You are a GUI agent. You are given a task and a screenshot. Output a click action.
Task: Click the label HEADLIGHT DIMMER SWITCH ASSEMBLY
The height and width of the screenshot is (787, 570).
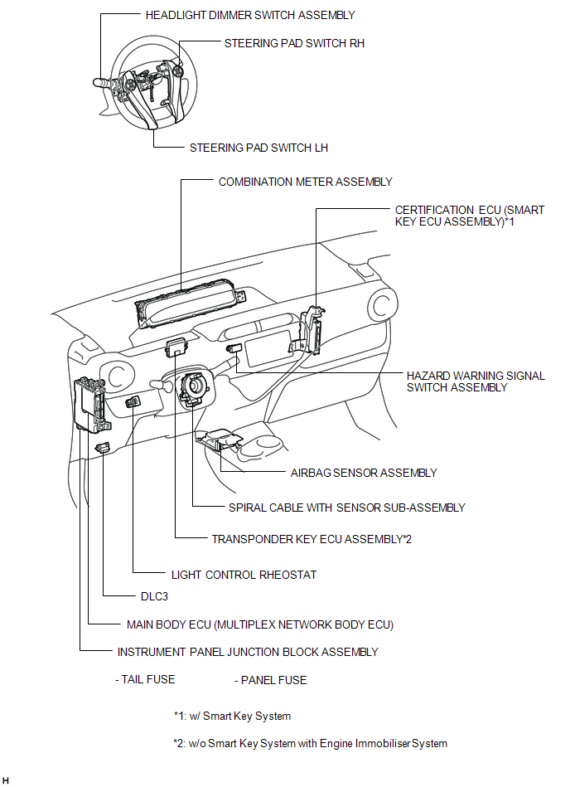(x=250, y=16)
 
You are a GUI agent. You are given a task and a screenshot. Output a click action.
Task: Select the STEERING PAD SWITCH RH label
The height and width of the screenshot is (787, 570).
(x=294, y=44)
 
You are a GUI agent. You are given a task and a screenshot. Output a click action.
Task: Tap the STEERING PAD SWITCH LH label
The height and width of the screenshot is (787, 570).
(x=258, y=148)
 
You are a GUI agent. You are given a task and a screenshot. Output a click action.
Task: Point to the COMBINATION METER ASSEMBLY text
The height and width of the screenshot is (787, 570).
(x=306, y=182)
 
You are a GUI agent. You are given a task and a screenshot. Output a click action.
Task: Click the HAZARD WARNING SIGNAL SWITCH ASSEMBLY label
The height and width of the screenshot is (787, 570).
(x=476, y=381)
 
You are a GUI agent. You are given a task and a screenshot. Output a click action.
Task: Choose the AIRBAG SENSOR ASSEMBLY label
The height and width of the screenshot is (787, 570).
(x=364, y=473)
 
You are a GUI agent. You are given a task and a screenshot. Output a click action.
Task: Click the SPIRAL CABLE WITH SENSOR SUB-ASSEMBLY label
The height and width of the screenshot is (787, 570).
(x=347, y=508)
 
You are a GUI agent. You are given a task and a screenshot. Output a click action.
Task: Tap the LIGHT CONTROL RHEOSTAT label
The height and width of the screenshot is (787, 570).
(x=244, y=576)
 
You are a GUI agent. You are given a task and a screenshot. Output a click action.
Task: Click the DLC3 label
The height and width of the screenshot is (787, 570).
(x=154, y=597)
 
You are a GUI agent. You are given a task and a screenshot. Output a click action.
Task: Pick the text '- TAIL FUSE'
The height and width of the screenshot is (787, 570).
(x=145, y=679)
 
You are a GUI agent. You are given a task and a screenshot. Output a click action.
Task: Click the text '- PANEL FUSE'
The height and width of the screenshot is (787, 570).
(x=271, y=680)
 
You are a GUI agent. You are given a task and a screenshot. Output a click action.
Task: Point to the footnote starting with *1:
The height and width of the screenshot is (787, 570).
(x=232, y=717)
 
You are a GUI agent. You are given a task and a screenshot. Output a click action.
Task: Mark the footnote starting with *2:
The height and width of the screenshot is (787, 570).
(x=311, y=743)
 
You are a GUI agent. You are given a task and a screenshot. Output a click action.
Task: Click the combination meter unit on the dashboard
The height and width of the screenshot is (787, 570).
(x=190, y=308)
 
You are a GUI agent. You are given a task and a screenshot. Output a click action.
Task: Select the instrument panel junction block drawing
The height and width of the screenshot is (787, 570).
(x=92, y=405)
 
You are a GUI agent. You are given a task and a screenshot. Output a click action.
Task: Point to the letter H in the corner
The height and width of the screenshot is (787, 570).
(x=6, y=780)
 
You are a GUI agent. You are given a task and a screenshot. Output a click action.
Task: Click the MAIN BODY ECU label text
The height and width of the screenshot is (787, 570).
(x=260, y=625)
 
